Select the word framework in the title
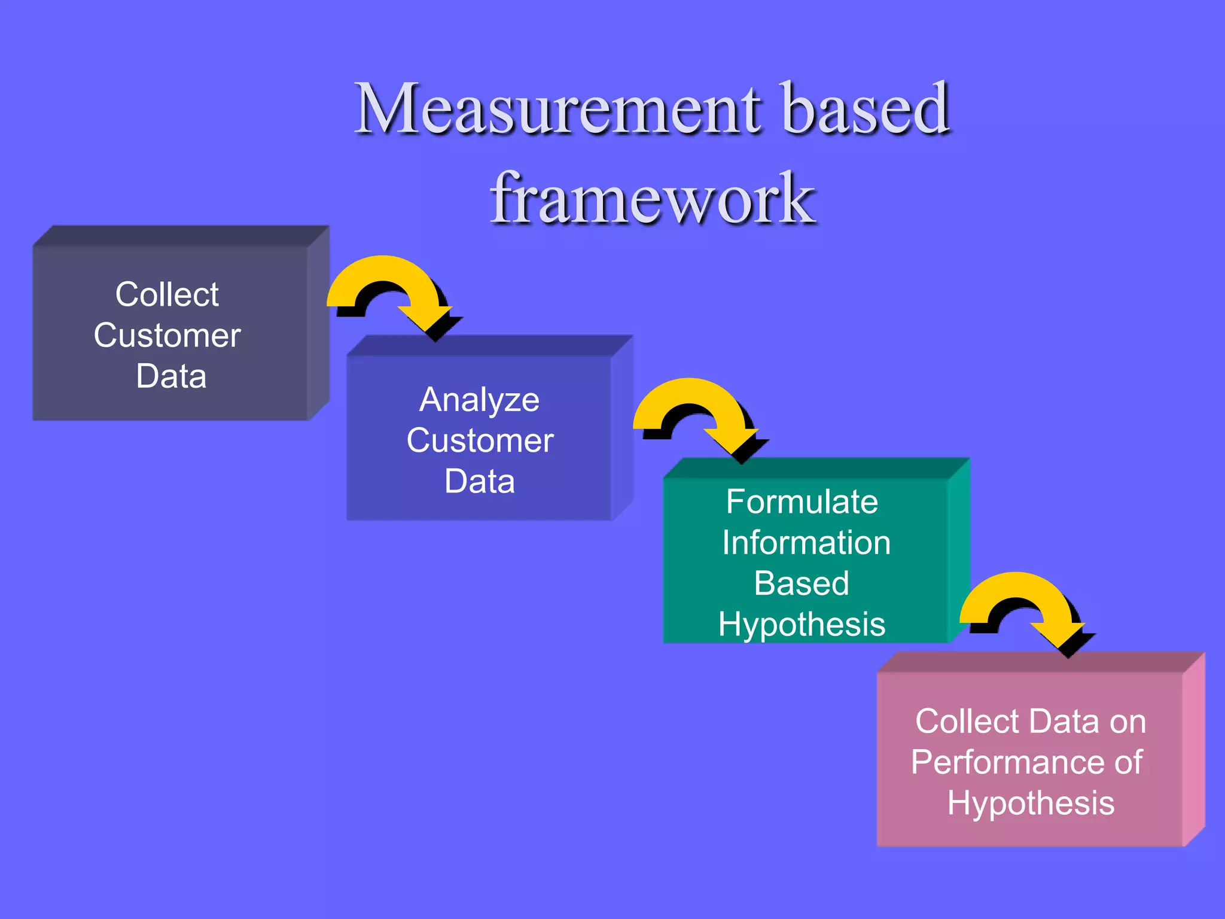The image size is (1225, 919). (652, 199)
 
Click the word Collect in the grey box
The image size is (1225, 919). (167, 294)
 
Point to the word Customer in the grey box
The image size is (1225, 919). (167, 335)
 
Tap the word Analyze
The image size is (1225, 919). (479, 400)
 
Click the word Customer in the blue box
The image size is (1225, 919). (480, 441)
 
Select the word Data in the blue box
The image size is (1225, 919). (479, 482)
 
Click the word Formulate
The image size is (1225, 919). (802, 501)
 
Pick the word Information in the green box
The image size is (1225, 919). (806, 543)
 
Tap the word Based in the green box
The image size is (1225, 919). (802, 583)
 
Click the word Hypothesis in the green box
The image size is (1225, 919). (802, 625)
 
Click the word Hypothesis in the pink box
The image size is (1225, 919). (1031, 803)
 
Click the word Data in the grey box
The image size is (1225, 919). (171, 376)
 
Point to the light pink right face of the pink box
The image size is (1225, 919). (1194, 748)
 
